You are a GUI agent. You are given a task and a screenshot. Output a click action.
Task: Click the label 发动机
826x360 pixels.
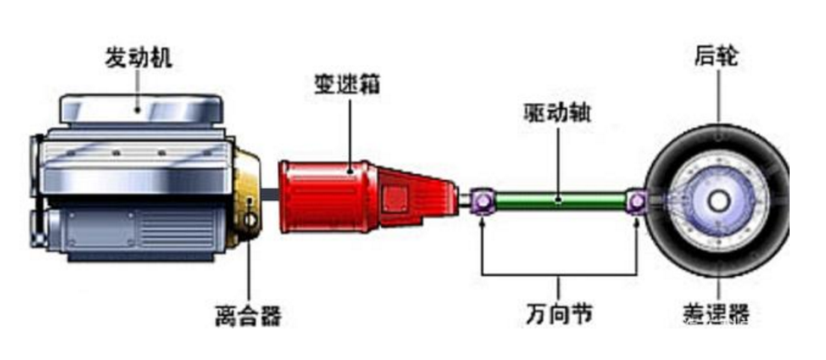tap(139, 58)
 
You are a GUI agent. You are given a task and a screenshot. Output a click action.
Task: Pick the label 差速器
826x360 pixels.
tap(717, 314)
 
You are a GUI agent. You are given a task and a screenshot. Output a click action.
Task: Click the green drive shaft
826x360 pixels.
tap(558, 201)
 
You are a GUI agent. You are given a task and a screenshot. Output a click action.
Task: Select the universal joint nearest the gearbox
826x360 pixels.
tap(482, 202)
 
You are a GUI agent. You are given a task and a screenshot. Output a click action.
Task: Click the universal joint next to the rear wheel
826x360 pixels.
tap(636, 202)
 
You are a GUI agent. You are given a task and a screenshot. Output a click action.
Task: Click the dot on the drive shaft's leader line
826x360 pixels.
tap(558, 201)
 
